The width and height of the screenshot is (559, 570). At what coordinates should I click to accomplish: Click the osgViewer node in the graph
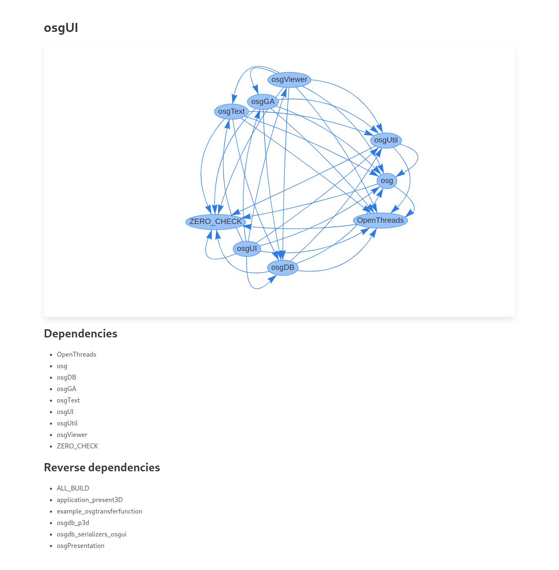coord(289,79)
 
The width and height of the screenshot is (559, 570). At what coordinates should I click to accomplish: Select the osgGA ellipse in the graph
coord(263,102)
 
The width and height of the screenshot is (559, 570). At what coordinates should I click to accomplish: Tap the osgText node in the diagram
coord(231,111)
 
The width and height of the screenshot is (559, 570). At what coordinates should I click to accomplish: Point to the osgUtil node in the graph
coord(386,140)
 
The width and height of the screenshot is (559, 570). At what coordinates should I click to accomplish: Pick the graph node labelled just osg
coord(387,181)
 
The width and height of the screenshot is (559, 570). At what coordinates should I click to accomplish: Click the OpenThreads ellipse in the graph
coord(380,220)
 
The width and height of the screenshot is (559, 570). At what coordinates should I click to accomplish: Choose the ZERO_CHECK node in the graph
coord(216,222)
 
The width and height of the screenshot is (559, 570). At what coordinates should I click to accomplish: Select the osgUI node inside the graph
coord(247,249)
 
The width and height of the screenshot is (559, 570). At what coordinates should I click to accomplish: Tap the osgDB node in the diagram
coord(282,267)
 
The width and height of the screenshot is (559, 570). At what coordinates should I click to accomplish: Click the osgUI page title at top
coord(61,28)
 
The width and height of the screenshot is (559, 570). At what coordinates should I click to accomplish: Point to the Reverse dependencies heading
coord(102,468)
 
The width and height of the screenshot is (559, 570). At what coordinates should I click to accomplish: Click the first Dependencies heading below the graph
coord(81,334)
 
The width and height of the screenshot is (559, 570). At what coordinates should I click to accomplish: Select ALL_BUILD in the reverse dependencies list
coord(73,489)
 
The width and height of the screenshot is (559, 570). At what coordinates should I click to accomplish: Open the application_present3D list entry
coord(90,500)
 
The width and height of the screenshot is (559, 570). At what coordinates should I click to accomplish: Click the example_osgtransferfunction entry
coord(99,511)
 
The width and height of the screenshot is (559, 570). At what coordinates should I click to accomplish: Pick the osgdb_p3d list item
coord(73,523)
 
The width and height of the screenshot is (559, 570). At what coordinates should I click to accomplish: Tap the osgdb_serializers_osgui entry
coord(92,534)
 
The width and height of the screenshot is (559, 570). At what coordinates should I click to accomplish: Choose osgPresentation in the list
coord(81,546)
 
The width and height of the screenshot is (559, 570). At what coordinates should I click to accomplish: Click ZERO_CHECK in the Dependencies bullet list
coord(77,446)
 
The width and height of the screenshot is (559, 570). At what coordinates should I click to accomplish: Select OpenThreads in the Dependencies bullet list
coord(77,355)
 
